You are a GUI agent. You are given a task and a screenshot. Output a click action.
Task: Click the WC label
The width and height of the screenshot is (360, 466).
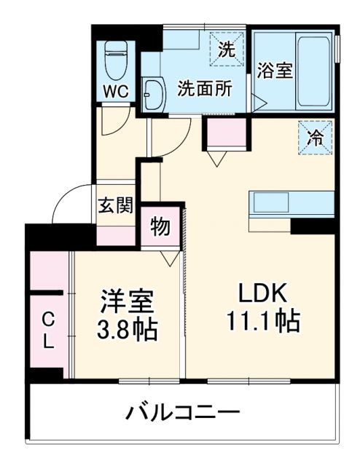[x=116, y=91]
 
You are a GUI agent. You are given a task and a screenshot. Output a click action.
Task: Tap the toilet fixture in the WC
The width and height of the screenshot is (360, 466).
[x=116, y=60]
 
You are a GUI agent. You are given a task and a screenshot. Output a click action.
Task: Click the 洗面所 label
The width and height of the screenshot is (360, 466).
[x=205, y=88]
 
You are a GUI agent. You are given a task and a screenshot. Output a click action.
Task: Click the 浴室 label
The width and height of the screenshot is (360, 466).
[x=275, y=71]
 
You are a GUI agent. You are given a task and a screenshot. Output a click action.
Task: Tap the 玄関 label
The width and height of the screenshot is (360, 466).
[x=116, y=205]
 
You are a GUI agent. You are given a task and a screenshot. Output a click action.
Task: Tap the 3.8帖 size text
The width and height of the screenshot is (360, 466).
[x=128, y=330]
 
